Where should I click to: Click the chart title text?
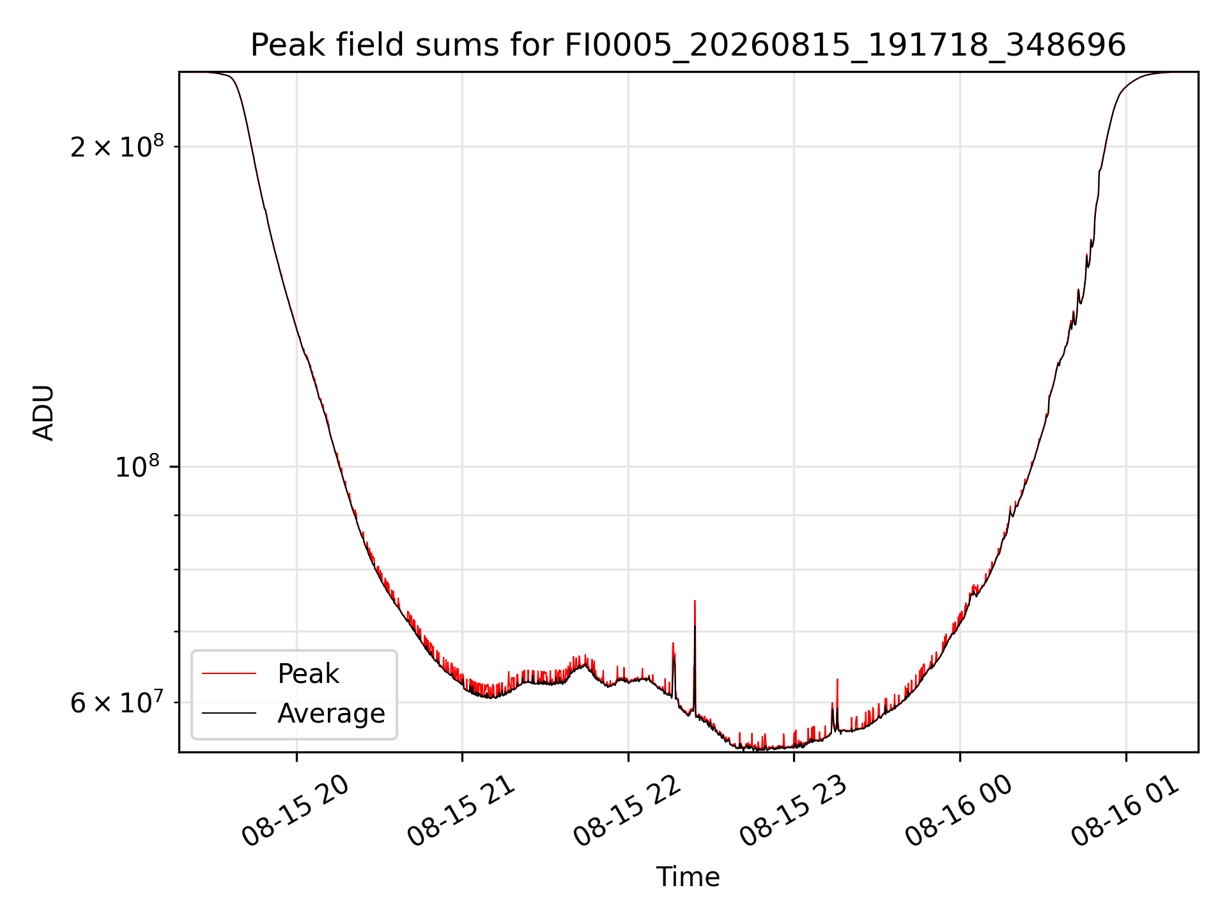click(x=688, y=45)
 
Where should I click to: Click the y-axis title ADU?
click(x=43, y=412)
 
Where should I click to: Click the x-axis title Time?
click(x=688, y=877)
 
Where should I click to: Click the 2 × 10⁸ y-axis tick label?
click(x=117, y=146)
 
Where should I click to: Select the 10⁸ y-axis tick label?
click(x=139, y=466)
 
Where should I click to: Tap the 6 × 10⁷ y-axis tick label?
click(x=117, y=702)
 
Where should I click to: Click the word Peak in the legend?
click(x=308, y=674)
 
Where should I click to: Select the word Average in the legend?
click(x=331, y=714)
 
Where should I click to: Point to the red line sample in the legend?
click(x=229, y=673)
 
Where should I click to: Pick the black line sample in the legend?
click(x=229, y=713)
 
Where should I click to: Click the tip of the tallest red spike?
click(x=695, y=601)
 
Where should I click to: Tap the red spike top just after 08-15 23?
click(x=837, y=680)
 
